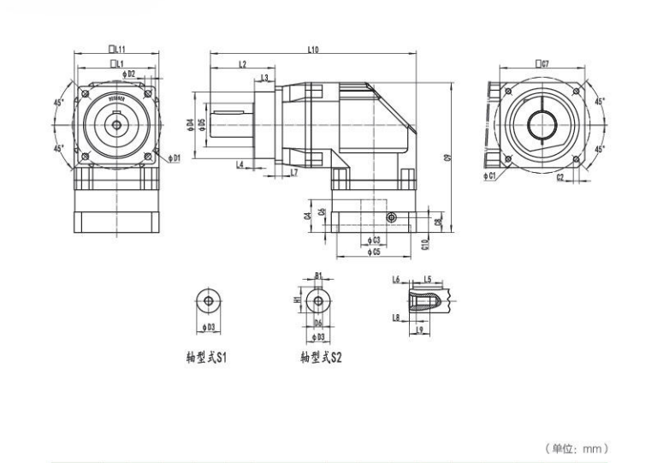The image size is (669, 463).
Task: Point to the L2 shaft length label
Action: (242, 64)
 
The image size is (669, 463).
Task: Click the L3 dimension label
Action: (265, 78)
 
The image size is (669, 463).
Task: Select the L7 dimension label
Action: (293, 173)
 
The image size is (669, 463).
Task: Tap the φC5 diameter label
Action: (372, 252)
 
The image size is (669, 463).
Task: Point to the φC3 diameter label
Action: (372, 240)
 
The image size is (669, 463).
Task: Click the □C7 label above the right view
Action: (542, 63)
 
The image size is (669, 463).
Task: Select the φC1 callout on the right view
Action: (489, 175)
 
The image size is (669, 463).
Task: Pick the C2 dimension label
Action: (559, 178)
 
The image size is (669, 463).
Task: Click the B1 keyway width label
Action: (318, 276)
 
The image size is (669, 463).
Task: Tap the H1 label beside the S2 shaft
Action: (296, 301)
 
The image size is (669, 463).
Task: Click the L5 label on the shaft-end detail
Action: (427, 279)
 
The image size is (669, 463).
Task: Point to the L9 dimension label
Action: (418, 329)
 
